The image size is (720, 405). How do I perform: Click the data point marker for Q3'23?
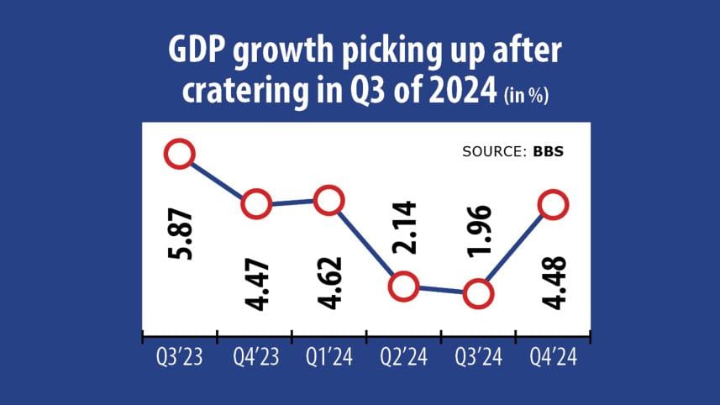coord(179,154)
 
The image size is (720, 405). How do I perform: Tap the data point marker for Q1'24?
coord(328,200)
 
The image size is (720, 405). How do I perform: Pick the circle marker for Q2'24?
coord(403,287)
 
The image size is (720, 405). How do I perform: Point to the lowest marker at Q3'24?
coord(477,294)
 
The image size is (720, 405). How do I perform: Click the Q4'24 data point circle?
coord(553,204)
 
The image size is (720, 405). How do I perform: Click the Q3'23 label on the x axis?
coord(179,357)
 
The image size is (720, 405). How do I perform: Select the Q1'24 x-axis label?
coord(328,357)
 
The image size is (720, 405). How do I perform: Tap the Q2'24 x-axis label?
coord(403,357)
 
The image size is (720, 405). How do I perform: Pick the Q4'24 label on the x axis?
coord(553,357)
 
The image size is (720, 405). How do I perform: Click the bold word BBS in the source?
coord(548,153)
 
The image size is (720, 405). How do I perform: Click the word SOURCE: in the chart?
coord(494,153)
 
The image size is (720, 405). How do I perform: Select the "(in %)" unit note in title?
coord(527,97)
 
